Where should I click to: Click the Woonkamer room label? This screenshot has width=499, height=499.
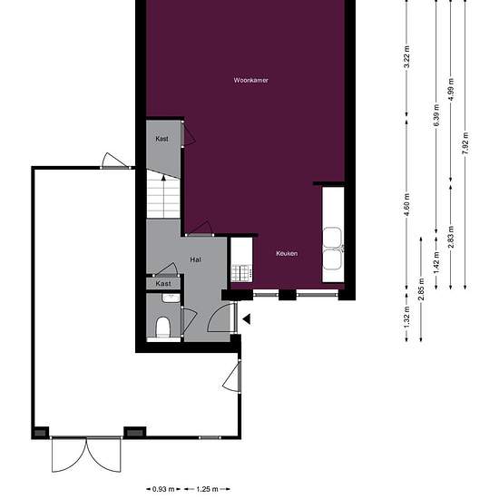pos(250,80)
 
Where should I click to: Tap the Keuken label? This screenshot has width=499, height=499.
pos(287,254)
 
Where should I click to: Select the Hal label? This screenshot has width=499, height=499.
pos(195,259)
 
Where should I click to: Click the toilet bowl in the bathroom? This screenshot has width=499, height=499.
pos(163,327)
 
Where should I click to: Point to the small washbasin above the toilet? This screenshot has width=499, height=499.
pos(171,298)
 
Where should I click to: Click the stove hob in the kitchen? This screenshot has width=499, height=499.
pos(241,273)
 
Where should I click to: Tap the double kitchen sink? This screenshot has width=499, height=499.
pos(333,249)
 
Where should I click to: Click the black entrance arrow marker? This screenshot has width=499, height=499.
pos(247,318)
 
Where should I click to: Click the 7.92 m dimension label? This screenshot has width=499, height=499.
pos(465,143)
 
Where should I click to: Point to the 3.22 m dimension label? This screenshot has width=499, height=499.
pos(406,57)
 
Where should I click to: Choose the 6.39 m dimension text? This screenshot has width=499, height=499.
pos(436,115)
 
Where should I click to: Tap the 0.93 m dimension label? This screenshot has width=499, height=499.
pos(163,489)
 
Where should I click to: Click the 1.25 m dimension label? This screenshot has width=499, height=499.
pos(207,489)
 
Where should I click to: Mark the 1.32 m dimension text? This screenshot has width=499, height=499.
pos(406,318)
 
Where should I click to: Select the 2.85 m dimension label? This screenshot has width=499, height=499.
pos(421,289)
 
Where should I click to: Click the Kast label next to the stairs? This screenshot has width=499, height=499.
pos(162,139)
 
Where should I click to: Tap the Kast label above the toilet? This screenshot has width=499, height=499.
pos(163,283)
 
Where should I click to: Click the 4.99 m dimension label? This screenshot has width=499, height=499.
pos(451,90)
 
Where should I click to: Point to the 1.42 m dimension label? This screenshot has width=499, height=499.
pos(436,262)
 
